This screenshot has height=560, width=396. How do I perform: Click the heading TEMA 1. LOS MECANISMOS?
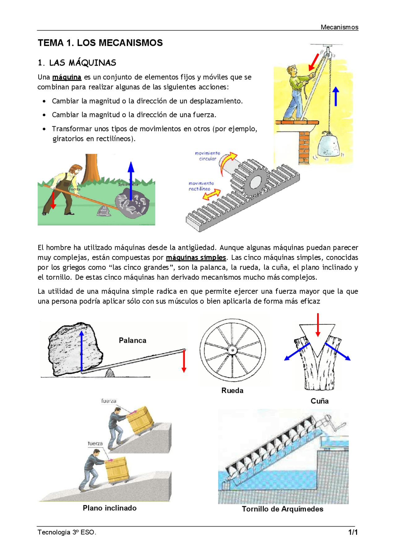[x=100, y=43]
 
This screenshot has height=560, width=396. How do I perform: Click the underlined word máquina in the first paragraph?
[x=67, y=77]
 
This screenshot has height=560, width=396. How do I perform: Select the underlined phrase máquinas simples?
[x=196, y=258]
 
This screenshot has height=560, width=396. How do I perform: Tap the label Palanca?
[x=132, y=340]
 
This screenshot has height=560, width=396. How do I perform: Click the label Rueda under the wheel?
[x=232, y=391]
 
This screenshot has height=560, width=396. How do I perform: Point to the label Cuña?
[x=319, y=401]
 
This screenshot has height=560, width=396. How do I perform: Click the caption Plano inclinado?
[x=110, y=508]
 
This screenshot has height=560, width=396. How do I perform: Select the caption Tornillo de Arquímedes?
[x=282, y=509]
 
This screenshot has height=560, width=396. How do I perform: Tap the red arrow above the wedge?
[x=318, y=325]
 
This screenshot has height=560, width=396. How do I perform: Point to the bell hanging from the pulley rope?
[x=328, y=145]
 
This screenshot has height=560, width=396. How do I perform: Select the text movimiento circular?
[x=208, y=156]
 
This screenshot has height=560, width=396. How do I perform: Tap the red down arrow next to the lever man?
[x=53, y=200]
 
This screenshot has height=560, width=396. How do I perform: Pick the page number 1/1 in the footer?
[x=353, y=532]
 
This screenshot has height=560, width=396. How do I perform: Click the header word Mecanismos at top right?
[x=339, y=27]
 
